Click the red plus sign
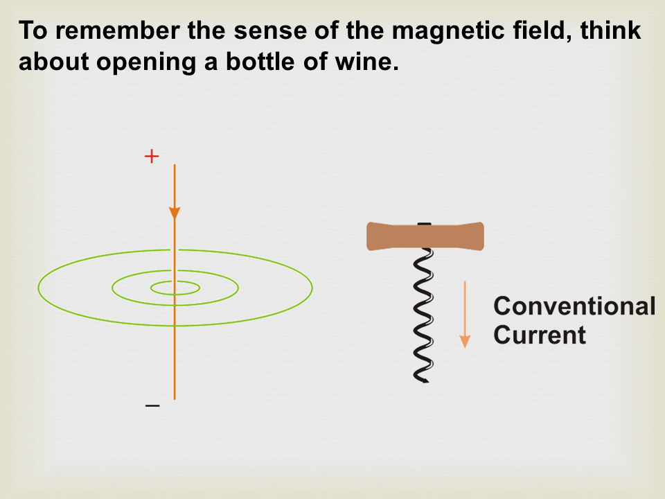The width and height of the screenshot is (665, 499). [152, 157]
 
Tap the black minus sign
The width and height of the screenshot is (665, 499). [152, 405]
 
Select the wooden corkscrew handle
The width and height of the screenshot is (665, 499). [425, 236]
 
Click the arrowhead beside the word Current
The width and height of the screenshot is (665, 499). [465, 341]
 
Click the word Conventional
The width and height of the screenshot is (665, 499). [575, 306]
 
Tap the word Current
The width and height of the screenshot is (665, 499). [540, 335]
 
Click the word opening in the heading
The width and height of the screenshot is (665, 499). [146, 62]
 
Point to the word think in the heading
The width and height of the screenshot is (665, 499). [610, 30]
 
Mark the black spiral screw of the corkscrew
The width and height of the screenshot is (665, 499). [423, 314]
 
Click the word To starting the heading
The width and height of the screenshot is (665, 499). [33, 30]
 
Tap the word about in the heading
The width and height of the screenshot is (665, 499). [54, 62]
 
